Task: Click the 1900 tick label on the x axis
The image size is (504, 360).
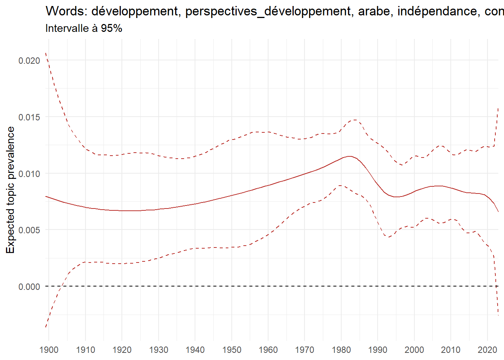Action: click(x=49, y=350)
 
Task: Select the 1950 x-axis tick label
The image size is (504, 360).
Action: click(x=232, y=350)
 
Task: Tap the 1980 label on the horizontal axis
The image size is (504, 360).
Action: click(x=341, y=350)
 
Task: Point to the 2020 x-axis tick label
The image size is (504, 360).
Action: click(x=487, y=350)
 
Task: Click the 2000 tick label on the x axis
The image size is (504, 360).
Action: click(x=414, y=350)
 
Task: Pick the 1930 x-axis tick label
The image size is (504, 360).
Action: click(x=159, y=350)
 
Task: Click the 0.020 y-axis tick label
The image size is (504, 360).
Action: click(x=29, y=61)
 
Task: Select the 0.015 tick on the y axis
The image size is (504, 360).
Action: click(x=29, y=117)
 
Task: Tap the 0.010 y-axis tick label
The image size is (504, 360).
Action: click(x=29, y=174)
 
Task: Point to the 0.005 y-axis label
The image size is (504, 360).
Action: click(x=29, y=230)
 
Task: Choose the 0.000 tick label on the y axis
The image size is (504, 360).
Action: click(x=29, y=287)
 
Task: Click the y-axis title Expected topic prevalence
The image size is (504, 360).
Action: click(x=10, y=190)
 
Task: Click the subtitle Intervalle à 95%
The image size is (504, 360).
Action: click(x=84, y=28)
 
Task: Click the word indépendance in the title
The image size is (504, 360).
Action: click(x=437, y=12)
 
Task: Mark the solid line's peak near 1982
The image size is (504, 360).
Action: click(x=349, y=156)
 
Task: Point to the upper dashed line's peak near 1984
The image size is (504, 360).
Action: click(x=355, y=120)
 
